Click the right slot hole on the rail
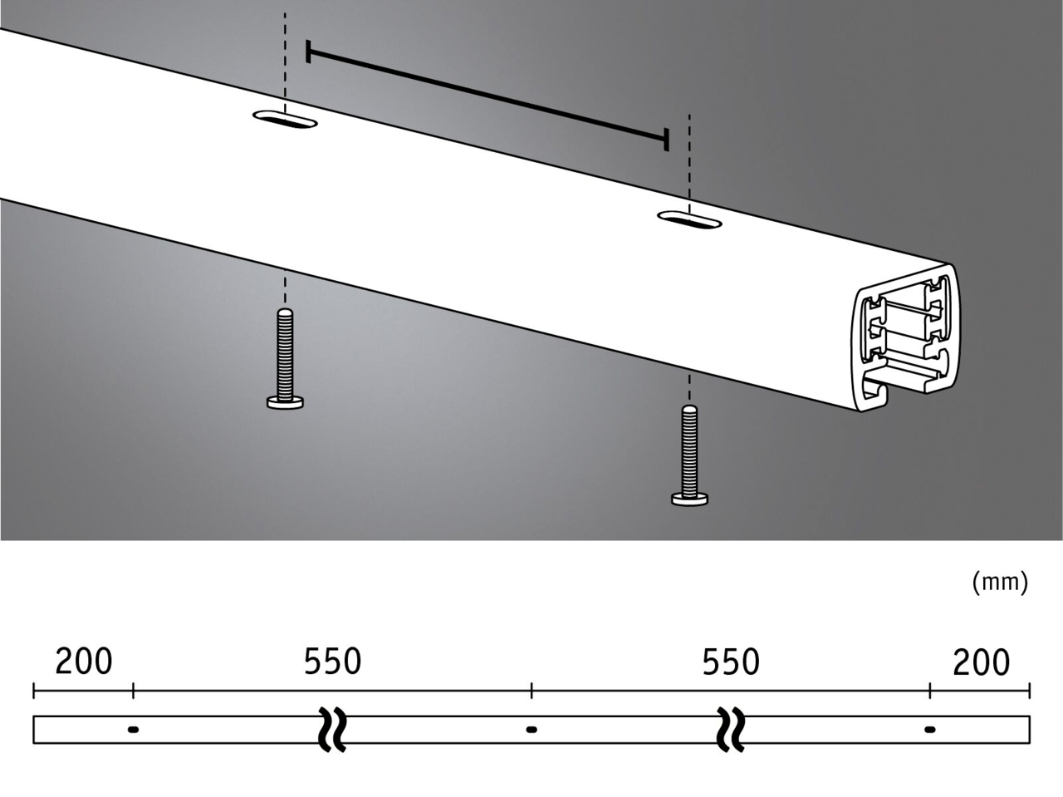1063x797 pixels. point(688,220)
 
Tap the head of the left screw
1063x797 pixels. point(285,403)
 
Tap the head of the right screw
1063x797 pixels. point(689,499)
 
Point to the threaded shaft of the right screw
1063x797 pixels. point(689,449)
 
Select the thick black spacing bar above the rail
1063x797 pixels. point(487,96)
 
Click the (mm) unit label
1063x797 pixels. point(1000,582)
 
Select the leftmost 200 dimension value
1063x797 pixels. point(83,662)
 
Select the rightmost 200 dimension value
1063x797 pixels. point(981,662)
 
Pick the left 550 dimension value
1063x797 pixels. point(332,662)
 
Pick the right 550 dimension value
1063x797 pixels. point(731,662)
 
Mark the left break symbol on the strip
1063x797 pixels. point(332,729)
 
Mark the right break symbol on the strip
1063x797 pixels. point(731,729)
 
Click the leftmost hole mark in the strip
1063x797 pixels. point(133,730)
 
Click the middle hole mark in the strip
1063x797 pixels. point(531,730)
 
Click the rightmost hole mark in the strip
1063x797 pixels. point(930,730)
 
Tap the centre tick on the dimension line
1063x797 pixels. point(531,690)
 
